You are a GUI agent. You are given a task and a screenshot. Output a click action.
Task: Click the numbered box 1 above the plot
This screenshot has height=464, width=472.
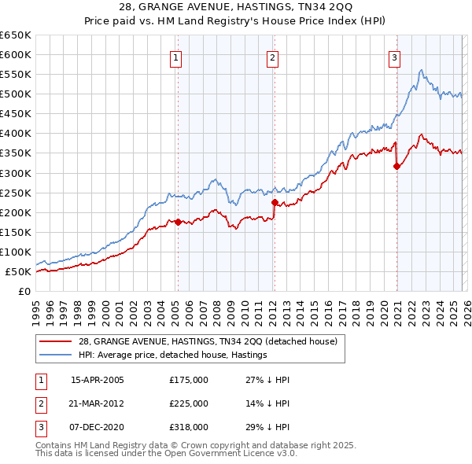(x=175, y=57)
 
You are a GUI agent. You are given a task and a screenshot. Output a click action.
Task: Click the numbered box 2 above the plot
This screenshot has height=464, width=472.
(x=272, y=57)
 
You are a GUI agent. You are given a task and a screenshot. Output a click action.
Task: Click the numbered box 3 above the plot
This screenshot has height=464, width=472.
(x=393, y=57)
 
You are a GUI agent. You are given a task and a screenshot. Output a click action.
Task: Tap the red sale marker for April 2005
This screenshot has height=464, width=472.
(x=178, y=222)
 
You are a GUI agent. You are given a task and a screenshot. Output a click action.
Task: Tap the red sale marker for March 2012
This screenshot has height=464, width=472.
(x=275, y=202)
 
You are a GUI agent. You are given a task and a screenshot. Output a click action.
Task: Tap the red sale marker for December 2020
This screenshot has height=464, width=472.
(x=396, y=166)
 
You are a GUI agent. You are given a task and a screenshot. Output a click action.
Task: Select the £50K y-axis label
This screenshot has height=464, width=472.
(x=19, y=271)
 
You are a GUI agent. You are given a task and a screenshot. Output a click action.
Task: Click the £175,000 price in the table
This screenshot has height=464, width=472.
(x=189, y=380)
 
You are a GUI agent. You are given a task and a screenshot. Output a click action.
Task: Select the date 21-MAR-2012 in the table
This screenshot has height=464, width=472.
(x=97, y=403)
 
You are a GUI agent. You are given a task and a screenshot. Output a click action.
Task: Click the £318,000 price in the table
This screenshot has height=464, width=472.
(x=189, y=427)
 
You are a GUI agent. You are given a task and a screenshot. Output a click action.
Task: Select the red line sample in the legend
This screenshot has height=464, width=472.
(x=55, y=341)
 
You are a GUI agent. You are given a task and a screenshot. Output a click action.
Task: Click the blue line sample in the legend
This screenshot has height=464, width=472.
(x=55, y=355)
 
